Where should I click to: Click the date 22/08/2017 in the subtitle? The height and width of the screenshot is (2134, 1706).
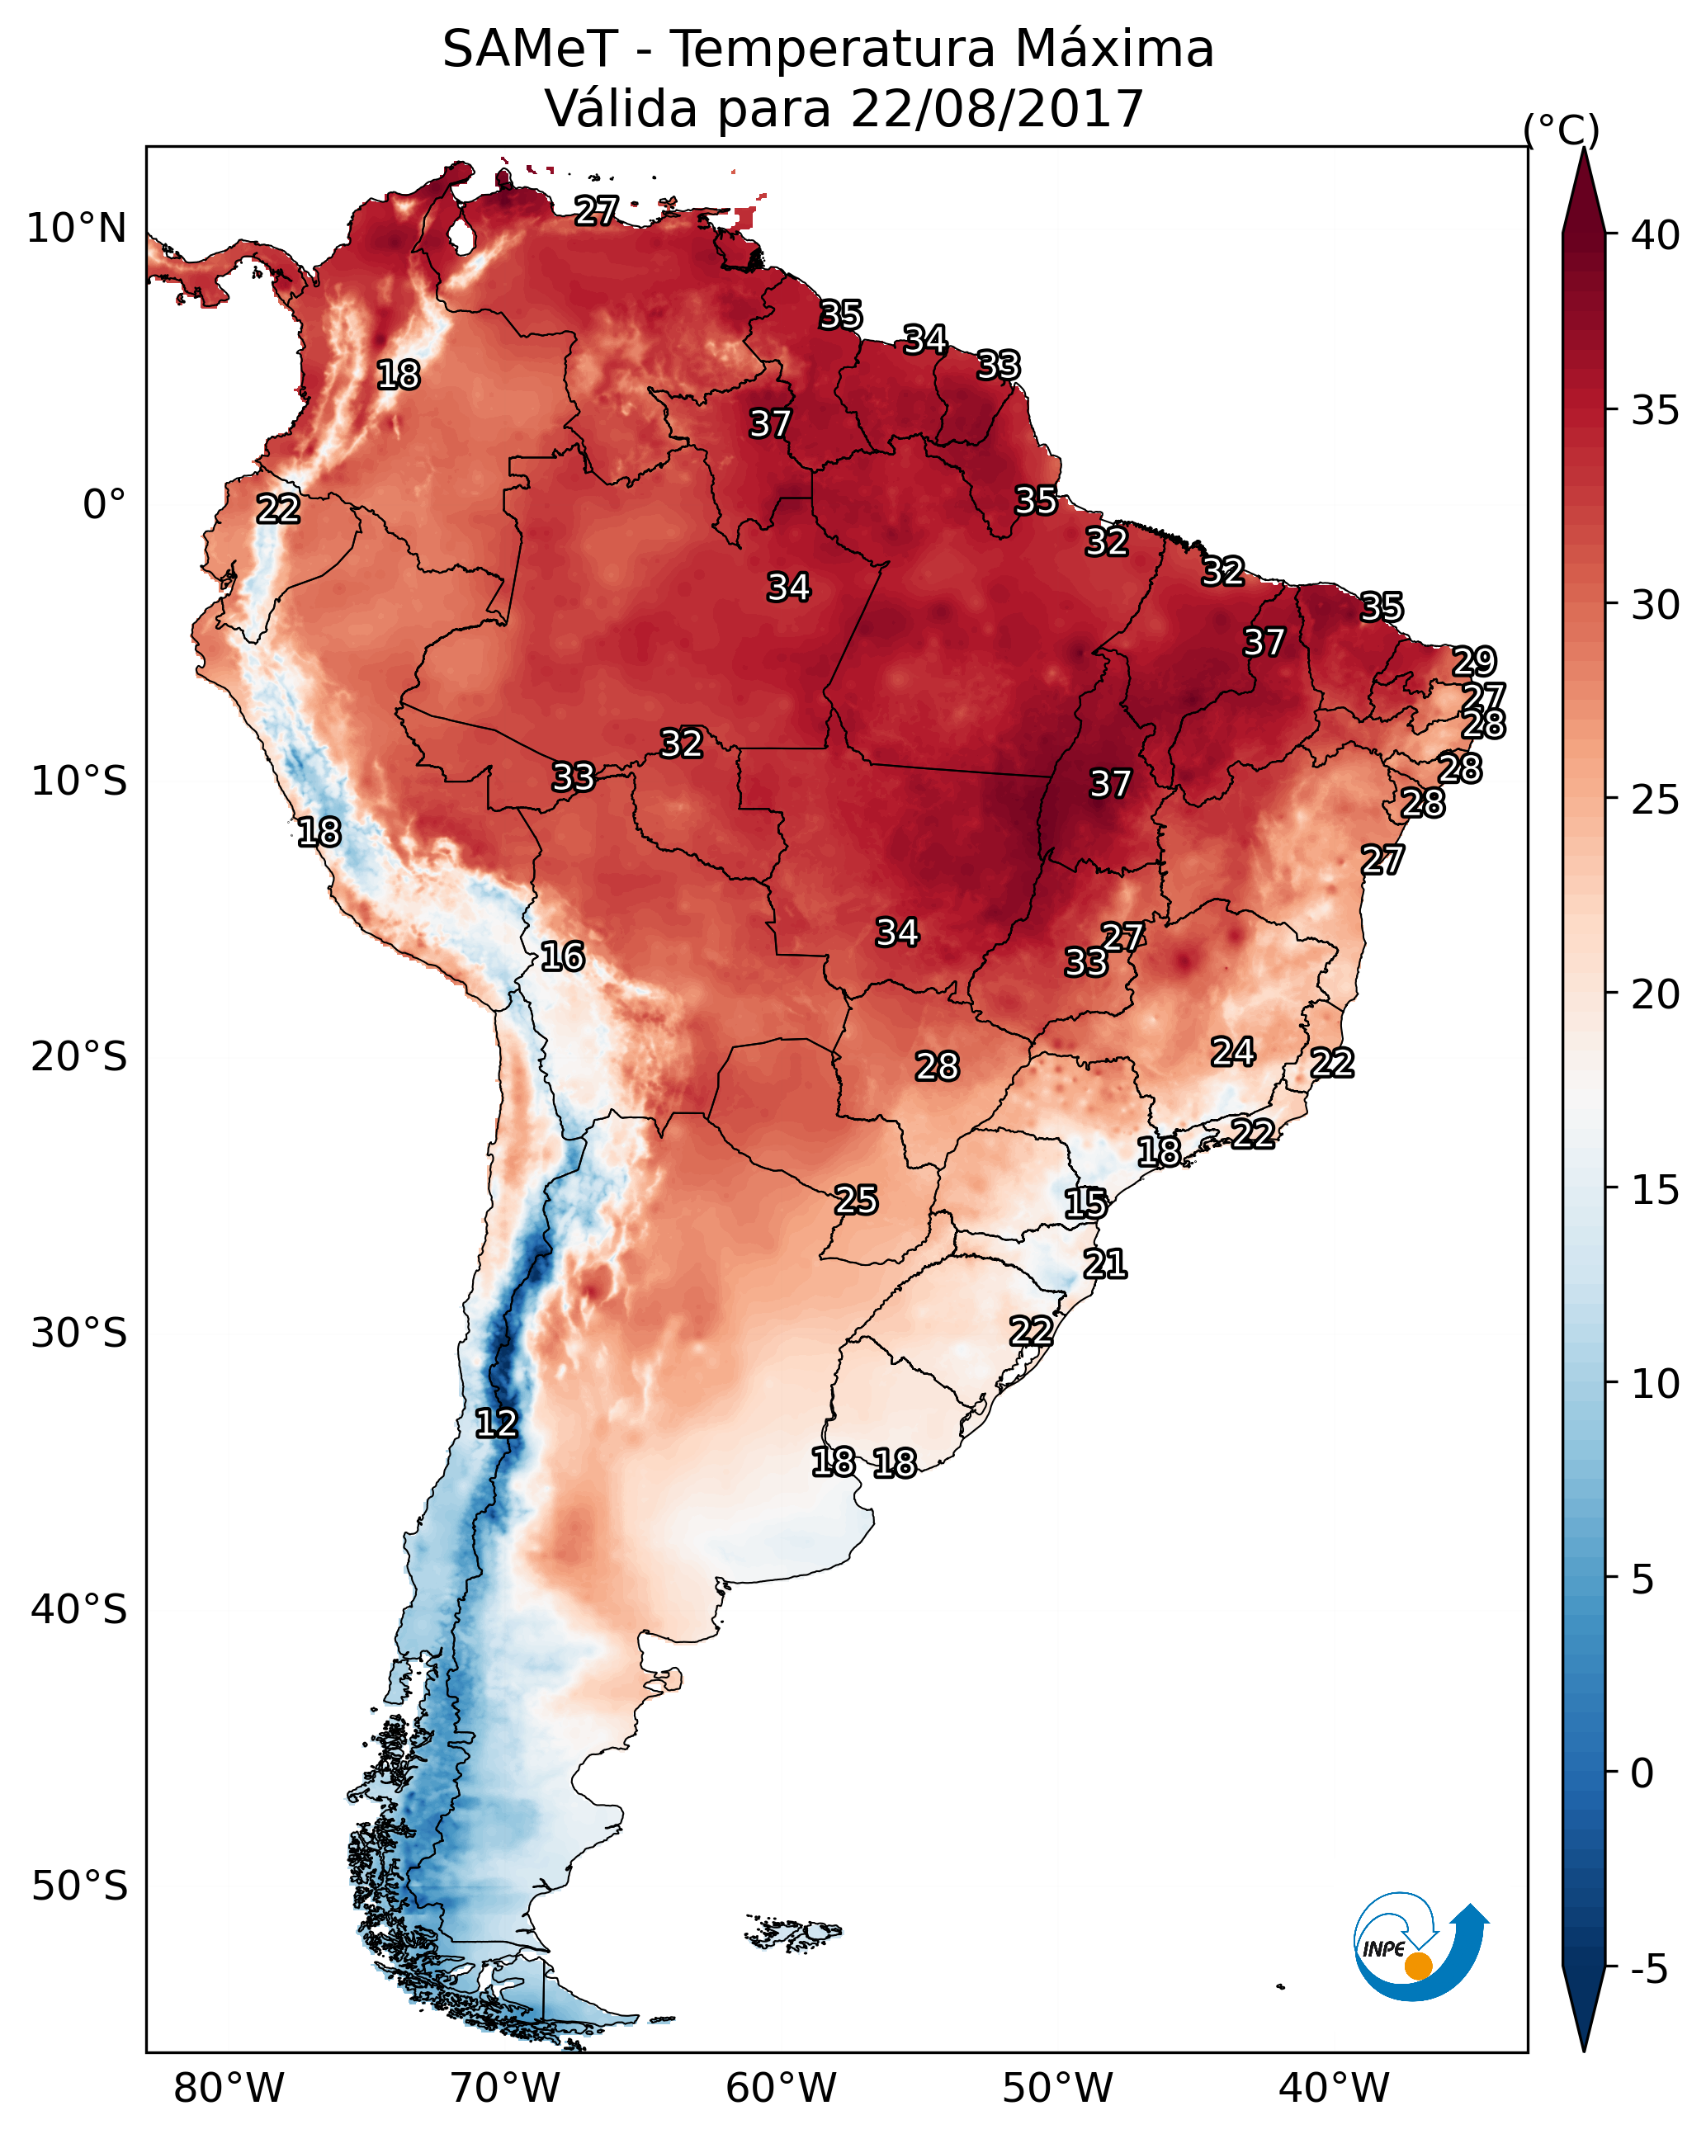996,109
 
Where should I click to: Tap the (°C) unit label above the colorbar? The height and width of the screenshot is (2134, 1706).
1561,130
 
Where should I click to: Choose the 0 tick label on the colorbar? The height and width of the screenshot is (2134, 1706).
1642,1773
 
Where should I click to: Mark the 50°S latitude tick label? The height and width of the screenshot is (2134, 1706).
79,1886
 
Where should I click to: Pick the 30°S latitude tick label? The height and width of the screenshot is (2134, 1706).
79,1334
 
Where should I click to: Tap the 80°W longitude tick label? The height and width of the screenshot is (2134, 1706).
229,2089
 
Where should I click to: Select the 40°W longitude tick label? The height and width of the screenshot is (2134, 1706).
1334,2089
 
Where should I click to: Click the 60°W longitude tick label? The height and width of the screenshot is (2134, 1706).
782,2089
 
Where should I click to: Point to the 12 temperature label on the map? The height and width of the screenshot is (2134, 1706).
496,1423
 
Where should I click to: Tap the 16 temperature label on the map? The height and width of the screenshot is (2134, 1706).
562,956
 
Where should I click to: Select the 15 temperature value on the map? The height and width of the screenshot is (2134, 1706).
1085,1204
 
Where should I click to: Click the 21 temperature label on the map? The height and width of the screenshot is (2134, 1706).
1105,1264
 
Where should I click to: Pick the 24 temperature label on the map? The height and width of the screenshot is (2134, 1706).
1233,1051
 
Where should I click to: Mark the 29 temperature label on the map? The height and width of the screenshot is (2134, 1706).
1474,660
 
